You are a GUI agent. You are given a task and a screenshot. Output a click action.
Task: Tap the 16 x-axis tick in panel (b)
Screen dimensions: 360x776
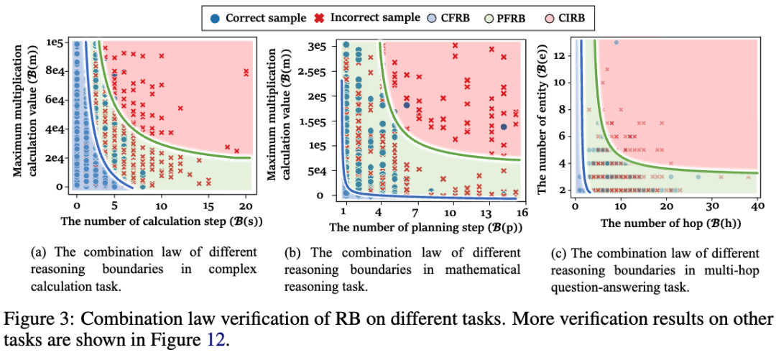[522, 213]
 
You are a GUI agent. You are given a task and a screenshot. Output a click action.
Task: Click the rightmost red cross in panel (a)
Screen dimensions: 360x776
[246, 71]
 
